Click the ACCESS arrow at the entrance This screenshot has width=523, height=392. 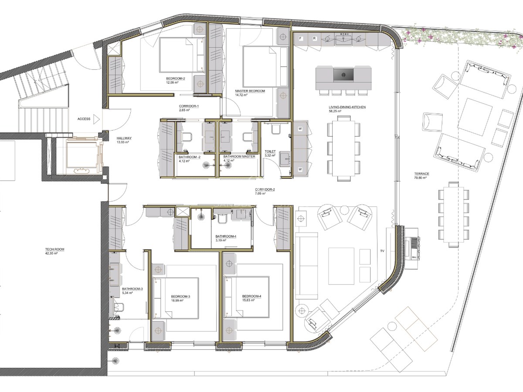tap(96, 119)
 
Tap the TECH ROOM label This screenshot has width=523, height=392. tap(55, 250)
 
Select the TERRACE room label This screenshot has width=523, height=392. tap(422, 174)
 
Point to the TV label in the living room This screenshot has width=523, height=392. tap(382, 251)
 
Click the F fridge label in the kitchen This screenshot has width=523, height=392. tap(300, 38)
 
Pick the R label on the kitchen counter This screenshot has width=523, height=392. tap(315, 38)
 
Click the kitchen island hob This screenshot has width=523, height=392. tap(343, 75)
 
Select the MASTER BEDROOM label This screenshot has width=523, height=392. tap(250, 91)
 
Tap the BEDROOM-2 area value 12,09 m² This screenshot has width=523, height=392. tap(172, 83)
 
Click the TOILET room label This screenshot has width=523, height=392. tap(270, 152)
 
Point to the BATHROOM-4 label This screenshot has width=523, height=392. tap(226, 237)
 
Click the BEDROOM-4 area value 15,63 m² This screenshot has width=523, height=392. tap(248, 301)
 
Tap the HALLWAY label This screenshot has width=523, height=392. tap(124, 138)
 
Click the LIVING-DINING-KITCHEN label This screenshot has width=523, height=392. tap(347, 107)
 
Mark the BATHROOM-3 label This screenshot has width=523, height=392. tap(132, 289)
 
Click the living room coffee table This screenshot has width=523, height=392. tap(341, 266)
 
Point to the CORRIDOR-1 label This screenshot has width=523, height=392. tap(189, 106)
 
